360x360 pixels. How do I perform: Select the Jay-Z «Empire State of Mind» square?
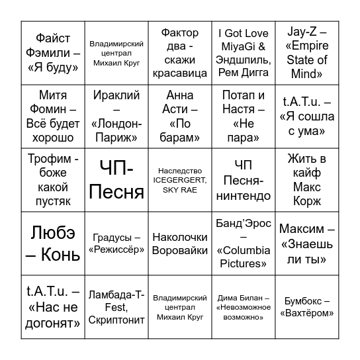click(307, 53)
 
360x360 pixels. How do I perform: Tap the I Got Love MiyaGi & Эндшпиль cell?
click(244, 53)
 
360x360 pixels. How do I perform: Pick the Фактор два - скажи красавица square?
click(180, 53)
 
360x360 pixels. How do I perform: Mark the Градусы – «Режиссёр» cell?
click(116, 244)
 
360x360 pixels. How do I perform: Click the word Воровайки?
click(180, 251)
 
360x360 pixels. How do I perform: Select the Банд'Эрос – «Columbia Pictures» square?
click(244, 244)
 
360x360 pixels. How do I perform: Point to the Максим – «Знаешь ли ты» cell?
click(307, 244)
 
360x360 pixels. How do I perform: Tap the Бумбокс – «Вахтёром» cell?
click(307, 307)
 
